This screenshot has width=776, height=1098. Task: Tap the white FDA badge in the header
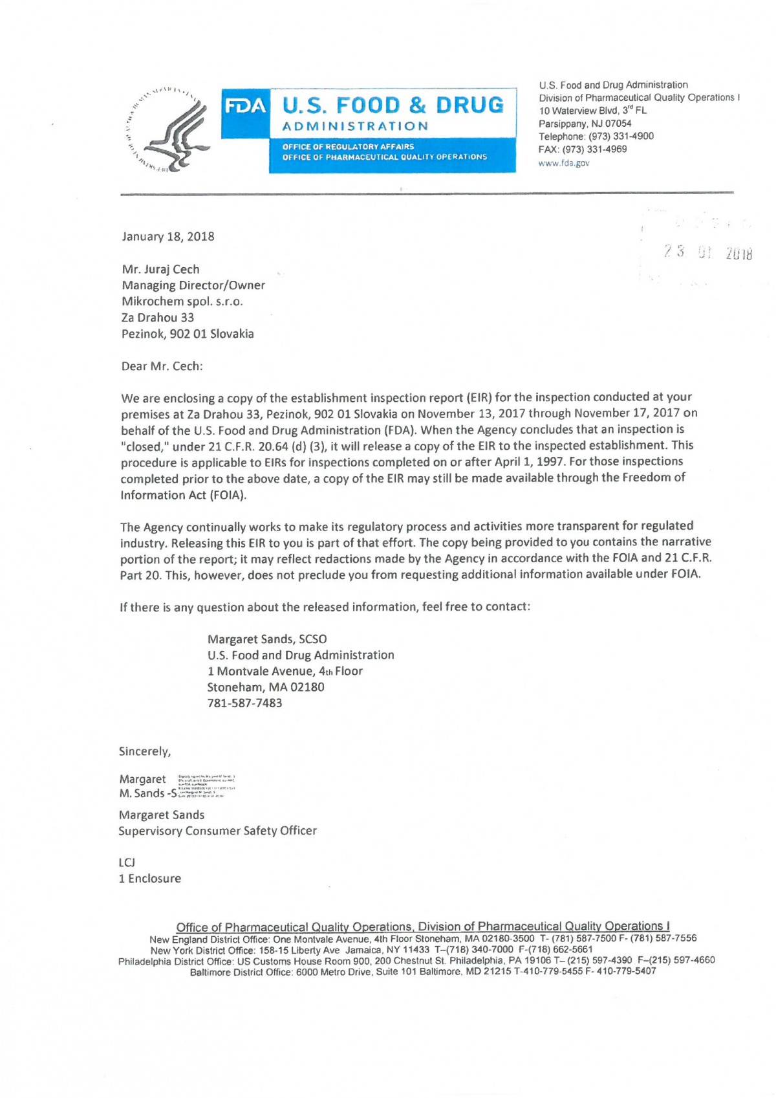click(x=246, y=106)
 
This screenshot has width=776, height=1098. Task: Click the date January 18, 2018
click(x=168, y=236)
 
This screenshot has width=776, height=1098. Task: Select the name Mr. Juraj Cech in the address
click(x=160, y=269)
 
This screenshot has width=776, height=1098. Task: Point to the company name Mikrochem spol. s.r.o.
click(x=182, y=302)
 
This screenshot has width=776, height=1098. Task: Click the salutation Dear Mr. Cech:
click(x=162, y=366)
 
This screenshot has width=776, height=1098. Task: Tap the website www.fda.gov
click(x=564, y=163)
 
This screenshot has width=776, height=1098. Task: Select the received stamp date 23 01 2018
click(x=707, y=253)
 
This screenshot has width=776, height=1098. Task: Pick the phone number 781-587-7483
click(x=244, y=703)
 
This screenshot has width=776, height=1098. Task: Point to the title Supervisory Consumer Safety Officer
click(x=217, y=831)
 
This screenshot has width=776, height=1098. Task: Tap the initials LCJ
click(x=127, y=862)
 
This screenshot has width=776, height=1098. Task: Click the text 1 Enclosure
click(x=150, y=879)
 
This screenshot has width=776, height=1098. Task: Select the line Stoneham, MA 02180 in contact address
click(x=266, y=687)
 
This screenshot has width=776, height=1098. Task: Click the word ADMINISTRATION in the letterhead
click(x=356, y=126)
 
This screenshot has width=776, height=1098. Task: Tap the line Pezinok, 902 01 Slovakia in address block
click(x=188, y=334)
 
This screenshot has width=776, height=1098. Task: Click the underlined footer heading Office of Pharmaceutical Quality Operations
click(x=423, y=927)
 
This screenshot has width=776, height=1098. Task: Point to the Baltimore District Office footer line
click(x=423, y=971)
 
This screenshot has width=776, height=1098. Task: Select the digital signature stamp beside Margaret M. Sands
click(x=206, y=786)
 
